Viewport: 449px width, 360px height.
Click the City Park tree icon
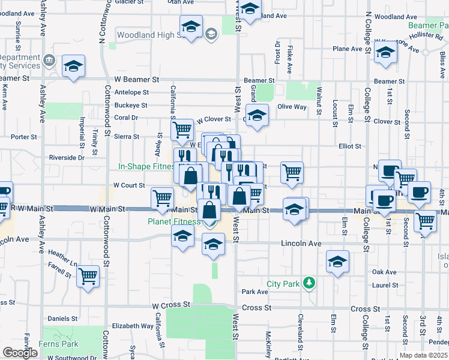[309, 282]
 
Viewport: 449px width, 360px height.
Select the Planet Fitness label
[175, 221]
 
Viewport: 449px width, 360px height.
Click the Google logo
[20, 353]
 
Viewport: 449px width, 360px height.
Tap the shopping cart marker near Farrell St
[88, 277]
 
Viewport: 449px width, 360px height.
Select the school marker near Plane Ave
[385, 53]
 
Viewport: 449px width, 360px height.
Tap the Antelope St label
[131, 92]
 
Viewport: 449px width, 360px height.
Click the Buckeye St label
[131, 106]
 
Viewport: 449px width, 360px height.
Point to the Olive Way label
[292, 107]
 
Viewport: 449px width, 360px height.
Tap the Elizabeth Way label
[133, 326]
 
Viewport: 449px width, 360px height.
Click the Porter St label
[24, 137]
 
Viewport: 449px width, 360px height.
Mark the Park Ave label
[255, 292]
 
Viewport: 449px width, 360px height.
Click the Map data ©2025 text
[423, 355]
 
